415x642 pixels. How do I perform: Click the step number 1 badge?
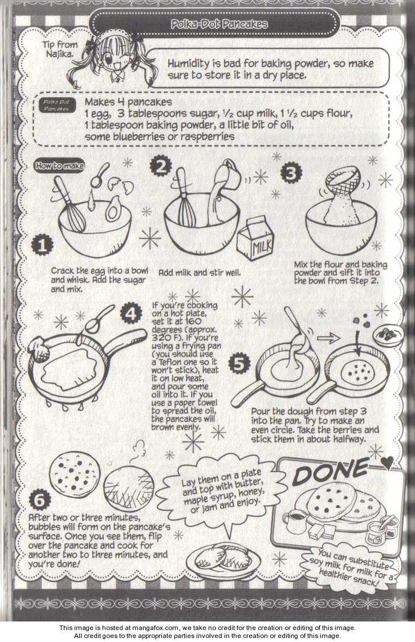(42, 245)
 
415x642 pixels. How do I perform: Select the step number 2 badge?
(160, 166)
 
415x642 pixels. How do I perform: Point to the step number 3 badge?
(291, 173)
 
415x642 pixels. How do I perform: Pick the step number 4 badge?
(131, 314)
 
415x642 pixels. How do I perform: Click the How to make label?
(59, 166)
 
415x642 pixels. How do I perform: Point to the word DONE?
(330, 471)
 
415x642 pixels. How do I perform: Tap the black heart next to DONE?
(386, 462)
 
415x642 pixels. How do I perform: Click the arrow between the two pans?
(329, 338)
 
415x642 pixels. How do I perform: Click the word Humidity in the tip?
(188, 64)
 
